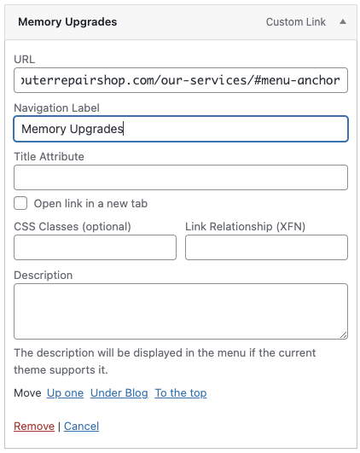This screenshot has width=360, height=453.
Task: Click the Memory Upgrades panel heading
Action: [67, 22]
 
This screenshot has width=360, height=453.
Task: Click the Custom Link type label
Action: [295, 22]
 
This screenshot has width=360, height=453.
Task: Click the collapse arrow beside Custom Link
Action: [343, 21]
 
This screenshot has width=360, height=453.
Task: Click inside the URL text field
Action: [181, 80]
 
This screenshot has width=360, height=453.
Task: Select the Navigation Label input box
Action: [181, 129]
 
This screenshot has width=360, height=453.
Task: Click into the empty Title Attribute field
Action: [181, 177]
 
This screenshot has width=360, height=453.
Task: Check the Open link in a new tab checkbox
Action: [20, 203]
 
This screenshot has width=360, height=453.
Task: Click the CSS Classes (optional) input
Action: [95, 247]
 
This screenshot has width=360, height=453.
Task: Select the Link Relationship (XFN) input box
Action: [266, 247]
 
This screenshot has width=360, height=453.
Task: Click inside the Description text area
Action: [181, 311]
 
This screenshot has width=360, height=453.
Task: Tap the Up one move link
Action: [66, 393]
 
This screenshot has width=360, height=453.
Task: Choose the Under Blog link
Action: [119, 393]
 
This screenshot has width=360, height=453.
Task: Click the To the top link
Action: [181, 393]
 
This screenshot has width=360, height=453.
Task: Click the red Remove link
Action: [34, 427]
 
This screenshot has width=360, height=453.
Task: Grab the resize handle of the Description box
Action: [344, 334]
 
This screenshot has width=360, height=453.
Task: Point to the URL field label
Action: [24, 59]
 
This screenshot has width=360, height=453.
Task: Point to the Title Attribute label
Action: [49, 157]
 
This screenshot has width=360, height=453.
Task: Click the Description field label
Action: [43, 275]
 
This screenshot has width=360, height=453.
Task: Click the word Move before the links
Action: [27, 393]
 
